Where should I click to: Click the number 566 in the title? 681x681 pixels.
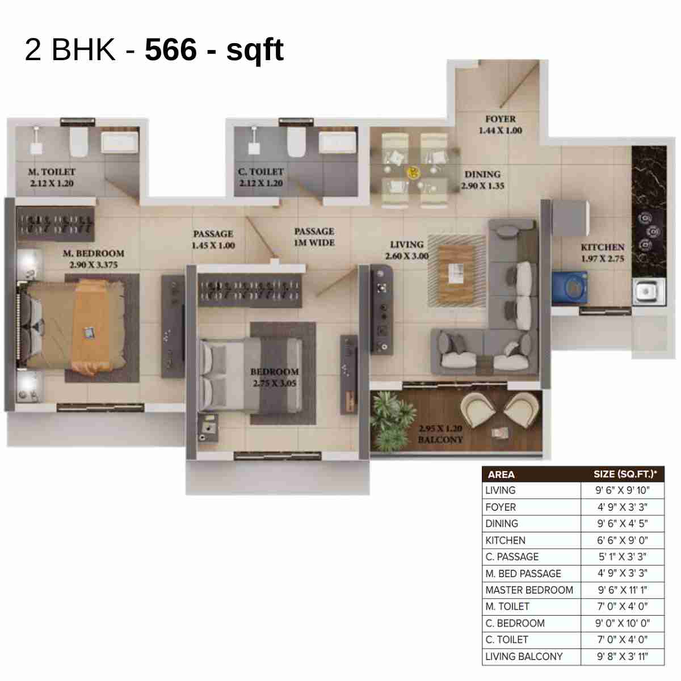pos(171,49)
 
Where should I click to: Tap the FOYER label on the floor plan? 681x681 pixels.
pos(500,119)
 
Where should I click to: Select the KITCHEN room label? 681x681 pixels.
pos(602,247)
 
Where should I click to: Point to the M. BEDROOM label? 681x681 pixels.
pos(93,253)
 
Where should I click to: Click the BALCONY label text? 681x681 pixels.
pos(440,440)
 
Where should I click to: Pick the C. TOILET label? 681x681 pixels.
pos(260,171)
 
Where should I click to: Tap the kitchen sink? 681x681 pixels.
pos(646,291)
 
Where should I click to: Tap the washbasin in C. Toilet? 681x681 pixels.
pos(338,142)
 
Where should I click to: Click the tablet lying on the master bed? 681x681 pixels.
pos(90,333)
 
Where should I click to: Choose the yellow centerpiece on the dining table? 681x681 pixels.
pos(413,171)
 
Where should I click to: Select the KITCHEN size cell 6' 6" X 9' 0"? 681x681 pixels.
pos(622,540)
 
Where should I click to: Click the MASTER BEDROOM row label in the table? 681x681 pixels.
pos(529,590)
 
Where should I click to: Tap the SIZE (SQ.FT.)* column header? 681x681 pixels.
pos(625,474)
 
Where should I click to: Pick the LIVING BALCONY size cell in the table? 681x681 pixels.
pos(622,657)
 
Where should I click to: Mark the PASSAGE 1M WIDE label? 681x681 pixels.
pos(314,237)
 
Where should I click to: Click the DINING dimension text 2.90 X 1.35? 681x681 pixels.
pos(482,186)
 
